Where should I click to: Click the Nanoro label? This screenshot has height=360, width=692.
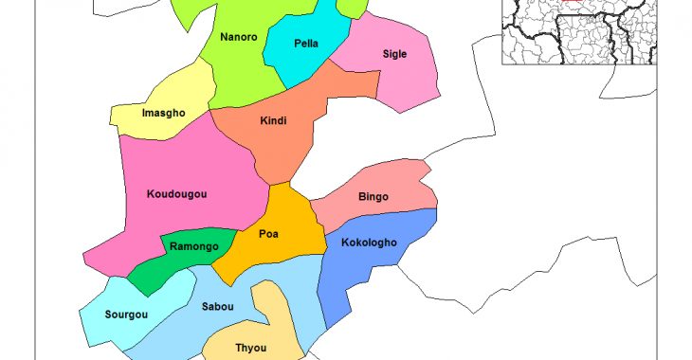coord(238,38)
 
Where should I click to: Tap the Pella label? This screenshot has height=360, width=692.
coord(306,44)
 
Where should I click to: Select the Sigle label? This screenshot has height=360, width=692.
coord(394,54)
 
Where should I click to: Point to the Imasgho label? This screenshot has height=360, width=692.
coord(163,114)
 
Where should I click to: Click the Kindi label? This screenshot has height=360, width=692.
coord(273,120)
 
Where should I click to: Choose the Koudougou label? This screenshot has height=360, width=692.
coord(177,194)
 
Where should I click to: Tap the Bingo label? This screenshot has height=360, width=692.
coord(373,197)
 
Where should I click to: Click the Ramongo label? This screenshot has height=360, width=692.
coord(194,247)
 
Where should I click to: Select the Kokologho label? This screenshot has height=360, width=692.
coord(369,243)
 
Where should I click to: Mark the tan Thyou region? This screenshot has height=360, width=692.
coord(275,322)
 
